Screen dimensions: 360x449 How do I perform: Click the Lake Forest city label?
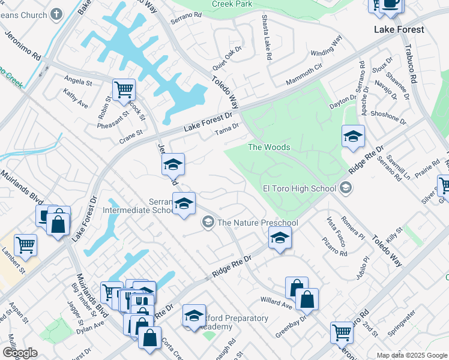[x=399, y=29]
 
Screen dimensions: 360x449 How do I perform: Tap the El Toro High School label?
[x=299, y=188]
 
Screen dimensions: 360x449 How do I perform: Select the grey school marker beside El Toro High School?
[x=345, y=189]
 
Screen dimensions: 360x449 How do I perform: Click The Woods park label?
[x=269, y=147]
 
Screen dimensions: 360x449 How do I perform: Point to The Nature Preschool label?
[x=258, y=223]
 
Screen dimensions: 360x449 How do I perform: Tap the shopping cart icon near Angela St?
[x=124, y=90]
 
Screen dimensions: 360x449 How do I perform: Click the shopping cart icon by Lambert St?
[x=25, y=244]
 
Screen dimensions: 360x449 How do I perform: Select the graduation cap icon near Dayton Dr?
[x=353, y=136]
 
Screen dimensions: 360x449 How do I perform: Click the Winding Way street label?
[x=327, y=45]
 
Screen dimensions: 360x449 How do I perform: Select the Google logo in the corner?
[x=20, y=352]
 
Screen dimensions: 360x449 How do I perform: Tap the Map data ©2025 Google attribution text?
[x=411, y=355]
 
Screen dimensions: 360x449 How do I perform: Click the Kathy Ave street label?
[x=76, y=100]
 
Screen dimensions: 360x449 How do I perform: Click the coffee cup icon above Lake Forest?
[x=391, y=4]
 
